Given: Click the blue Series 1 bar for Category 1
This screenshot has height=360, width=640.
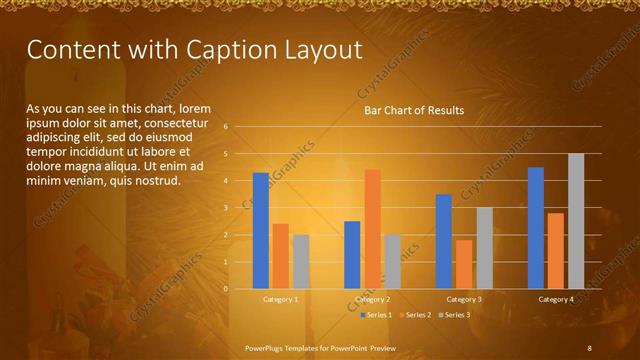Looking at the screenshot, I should [261, 231].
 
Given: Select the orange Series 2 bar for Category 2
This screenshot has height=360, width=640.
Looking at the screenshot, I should [372, 229].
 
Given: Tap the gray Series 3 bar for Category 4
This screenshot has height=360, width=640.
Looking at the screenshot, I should [576, 221].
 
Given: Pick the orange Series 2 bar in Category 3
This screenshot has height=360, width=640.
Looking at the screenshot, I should [464, 264].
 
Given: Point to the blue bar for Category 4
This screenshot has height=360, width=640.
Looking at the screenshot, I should [536, 228].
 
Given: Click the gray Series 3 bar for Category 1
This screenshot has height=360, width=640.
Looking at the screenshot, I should [301, 262].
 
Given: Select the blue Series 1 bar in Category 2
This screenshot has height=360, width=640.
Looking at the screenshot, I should [352, 255].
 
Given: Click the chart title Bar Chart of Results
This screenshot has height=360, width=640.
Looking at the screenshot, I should [413, 111].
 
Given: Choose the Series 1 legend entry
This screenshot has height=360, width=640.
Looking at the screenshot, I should [376, 315].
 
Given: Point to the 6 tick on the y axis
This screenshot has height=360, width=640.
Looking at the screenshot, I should [226, 127].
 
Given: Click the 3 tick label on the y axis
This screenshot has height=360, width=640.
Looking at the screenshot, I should [226, 208].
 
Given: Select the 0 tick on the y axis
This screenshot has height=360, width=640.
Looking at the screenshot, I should [226, 289].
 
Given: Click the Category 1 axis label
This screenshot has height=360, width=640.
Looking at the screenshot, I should [281, 299].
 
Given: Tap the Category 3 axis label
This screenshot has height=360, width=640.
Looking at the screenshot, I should [464, 299].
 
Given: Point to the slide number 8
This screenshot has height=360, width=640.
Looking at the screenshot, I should [589, 347].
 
